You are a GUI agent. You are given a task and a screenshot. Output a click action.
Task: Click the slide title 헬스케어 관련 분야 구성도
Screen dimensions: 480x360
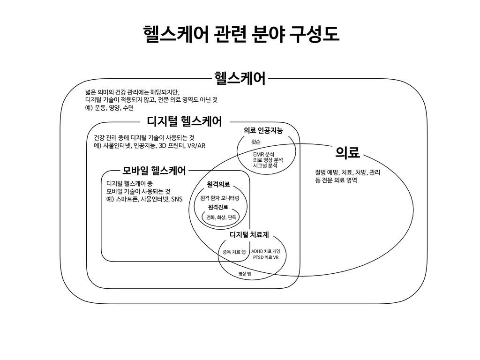click(240, 34)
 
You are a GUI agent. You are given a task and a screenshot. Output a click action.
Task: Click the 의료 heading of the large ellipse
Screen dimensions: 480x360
click(347, 152)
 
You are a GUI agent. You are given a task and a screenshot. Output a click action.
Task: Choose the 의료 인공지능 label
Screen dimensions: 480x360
click(263, 130)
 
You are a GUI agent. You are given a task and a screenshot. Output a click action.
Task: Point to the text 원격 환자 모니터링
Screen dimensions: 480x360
click(220, 198)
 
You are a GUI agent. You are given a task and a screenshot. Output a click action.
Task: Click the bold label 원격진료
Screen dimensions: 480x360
click(218, 207)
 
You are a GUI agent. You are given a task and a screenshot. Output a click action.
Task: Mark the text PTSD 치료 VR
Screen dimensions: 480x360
click(266, 257)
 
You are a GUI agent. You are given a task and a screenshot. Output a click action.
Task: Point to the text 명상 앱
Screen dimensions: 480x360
click(244, 274)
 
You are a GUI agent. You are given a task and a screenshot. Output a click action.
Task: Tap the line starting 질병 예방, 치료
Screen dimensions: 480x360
click(347, 172)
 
